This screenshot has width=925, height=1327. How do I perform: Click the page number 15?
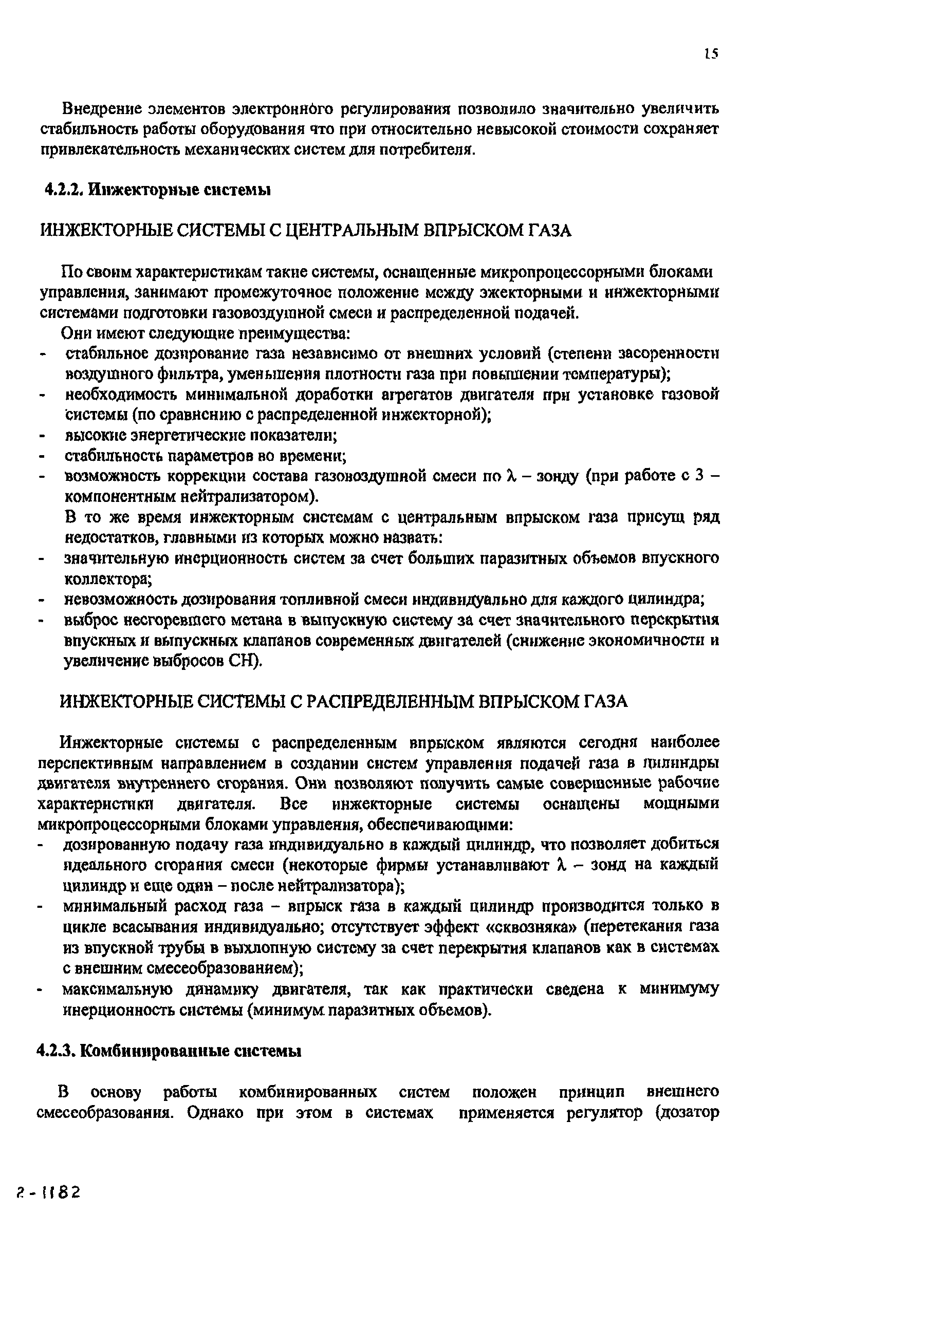pos(711,54)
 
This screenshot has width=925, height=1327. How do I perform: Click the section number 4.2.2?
pos(61,190)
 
